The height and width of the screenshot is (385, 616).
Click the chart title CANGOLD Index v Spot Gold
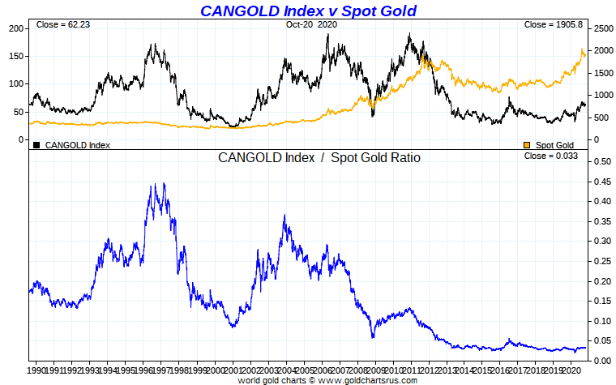308,11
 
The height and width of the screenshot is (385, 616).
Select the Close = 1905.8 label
554,25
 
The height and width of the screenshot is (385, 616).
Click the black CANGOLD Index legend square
36,145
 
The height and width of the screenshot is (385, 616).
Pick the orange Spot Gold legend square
528,145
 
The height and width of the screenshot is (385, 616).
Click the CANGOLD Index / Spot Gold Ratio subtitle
319,157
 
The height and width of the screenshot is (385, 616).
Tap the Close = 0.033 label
551,156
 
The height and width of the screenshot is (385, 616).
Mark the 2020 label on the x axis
571,370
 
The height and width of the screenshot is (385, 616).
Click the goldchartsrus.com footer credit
327,379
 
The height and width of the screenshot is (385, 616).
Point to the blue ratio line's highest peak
165,183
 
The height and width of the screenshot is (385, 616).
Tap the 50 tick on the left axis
19,112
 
